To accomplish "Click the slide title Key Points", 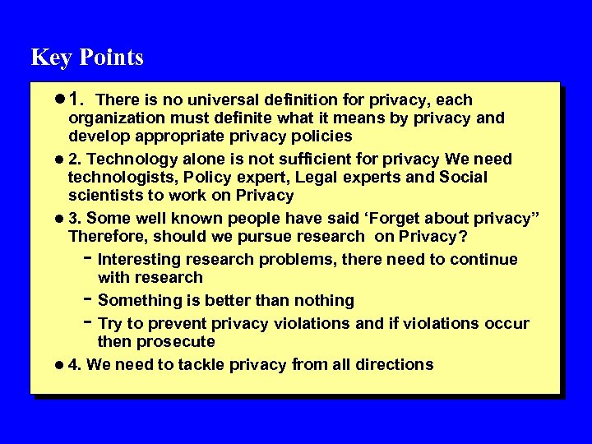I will click(87, 58).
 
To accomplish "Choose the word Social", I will click(464, 178).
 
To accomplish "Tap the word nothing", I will click(319, 301).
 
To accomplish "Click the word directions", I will click(392, 365).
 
